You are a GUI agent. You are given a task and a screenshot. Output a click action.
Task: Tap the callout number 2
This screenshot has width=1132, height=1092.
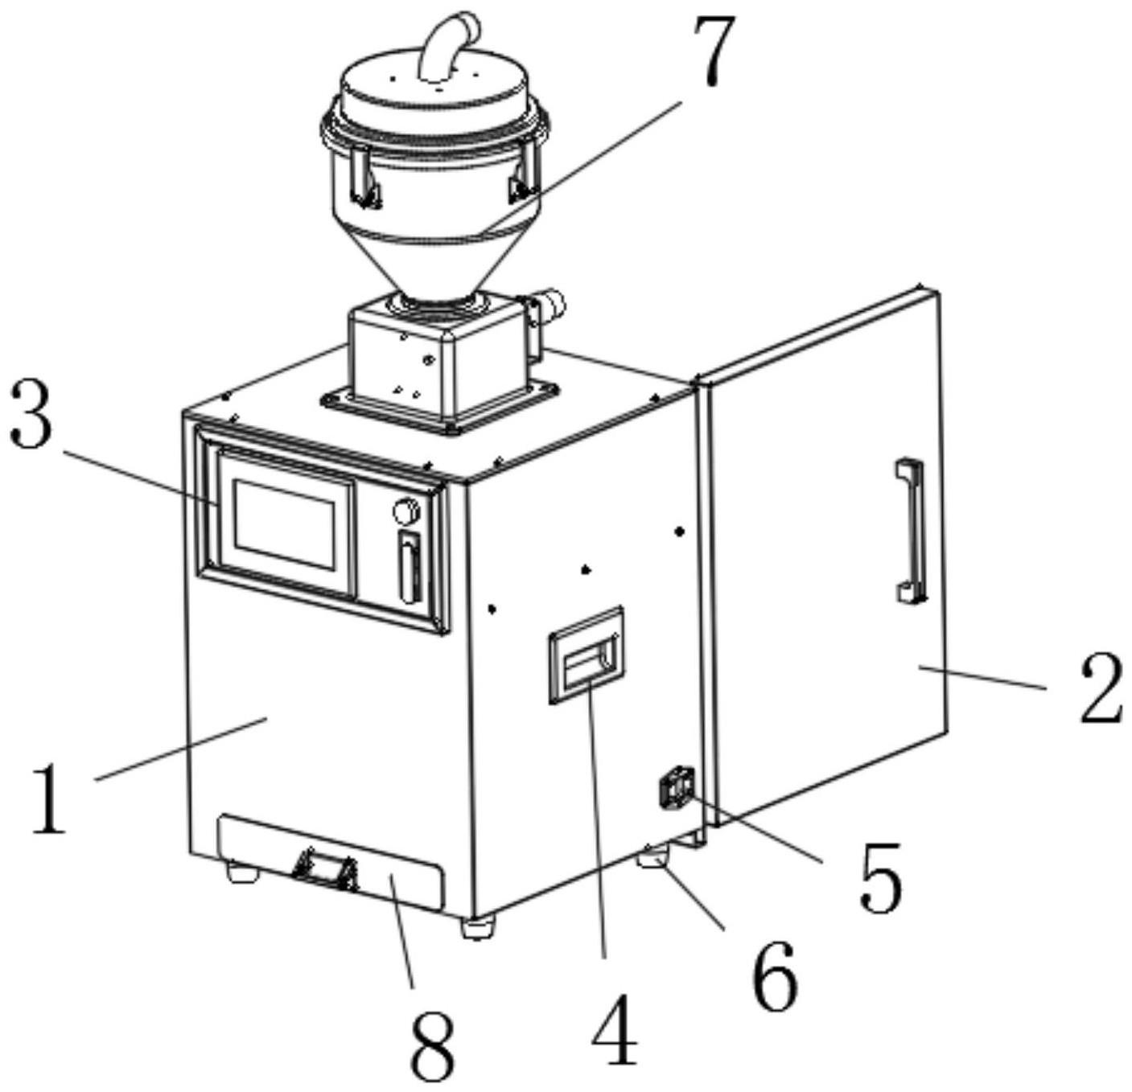tap(1099, 688)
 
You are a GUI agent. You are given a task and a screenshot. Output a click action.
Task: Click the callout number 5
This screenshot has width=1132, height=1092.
tap(879, 878)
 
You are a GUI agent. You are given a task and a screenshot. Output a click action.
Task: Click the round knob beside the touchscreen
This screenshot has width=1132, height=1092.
tap(405, 511)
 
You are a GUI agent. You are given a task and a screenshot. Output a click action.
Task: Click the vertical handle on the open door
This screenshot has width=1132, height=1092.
tap(912, 531)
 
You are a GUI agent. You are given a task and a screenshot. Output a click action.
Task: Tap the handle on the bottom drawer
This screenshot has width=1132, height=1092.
tap(325, 871)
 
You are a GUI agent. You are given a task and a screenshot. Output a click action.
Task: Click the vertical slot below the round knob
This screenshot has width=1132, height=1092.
tap(410, 567)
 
